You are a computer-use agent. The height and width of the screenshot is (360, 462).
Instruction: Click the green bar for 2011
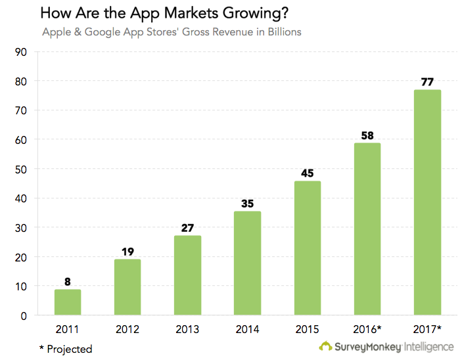coord(68,302)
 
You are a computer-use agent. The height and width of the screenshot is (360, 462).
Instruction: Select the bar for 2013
coord(188,275)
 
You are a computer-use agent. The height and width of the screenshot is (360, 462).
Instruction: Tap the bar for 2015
coord(308,248)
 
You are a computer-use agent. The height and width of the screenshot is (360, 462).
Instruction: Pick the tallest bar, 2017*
coord(427,202)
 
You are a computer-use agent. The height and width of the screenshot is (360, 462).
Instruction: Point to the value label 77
coord(427,82)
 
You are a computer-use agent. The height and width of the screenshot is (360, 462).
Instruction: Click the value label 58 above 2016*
coord(367,135)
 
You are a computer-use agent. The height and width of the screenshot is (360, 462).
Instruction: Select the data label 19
coord(127,251)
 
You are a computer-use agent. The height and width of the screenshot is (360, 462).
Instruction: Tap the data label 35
coord(248,204)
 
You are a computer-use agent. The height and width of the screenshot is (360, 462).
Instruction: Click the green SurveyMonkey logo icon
coord(325,346)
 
